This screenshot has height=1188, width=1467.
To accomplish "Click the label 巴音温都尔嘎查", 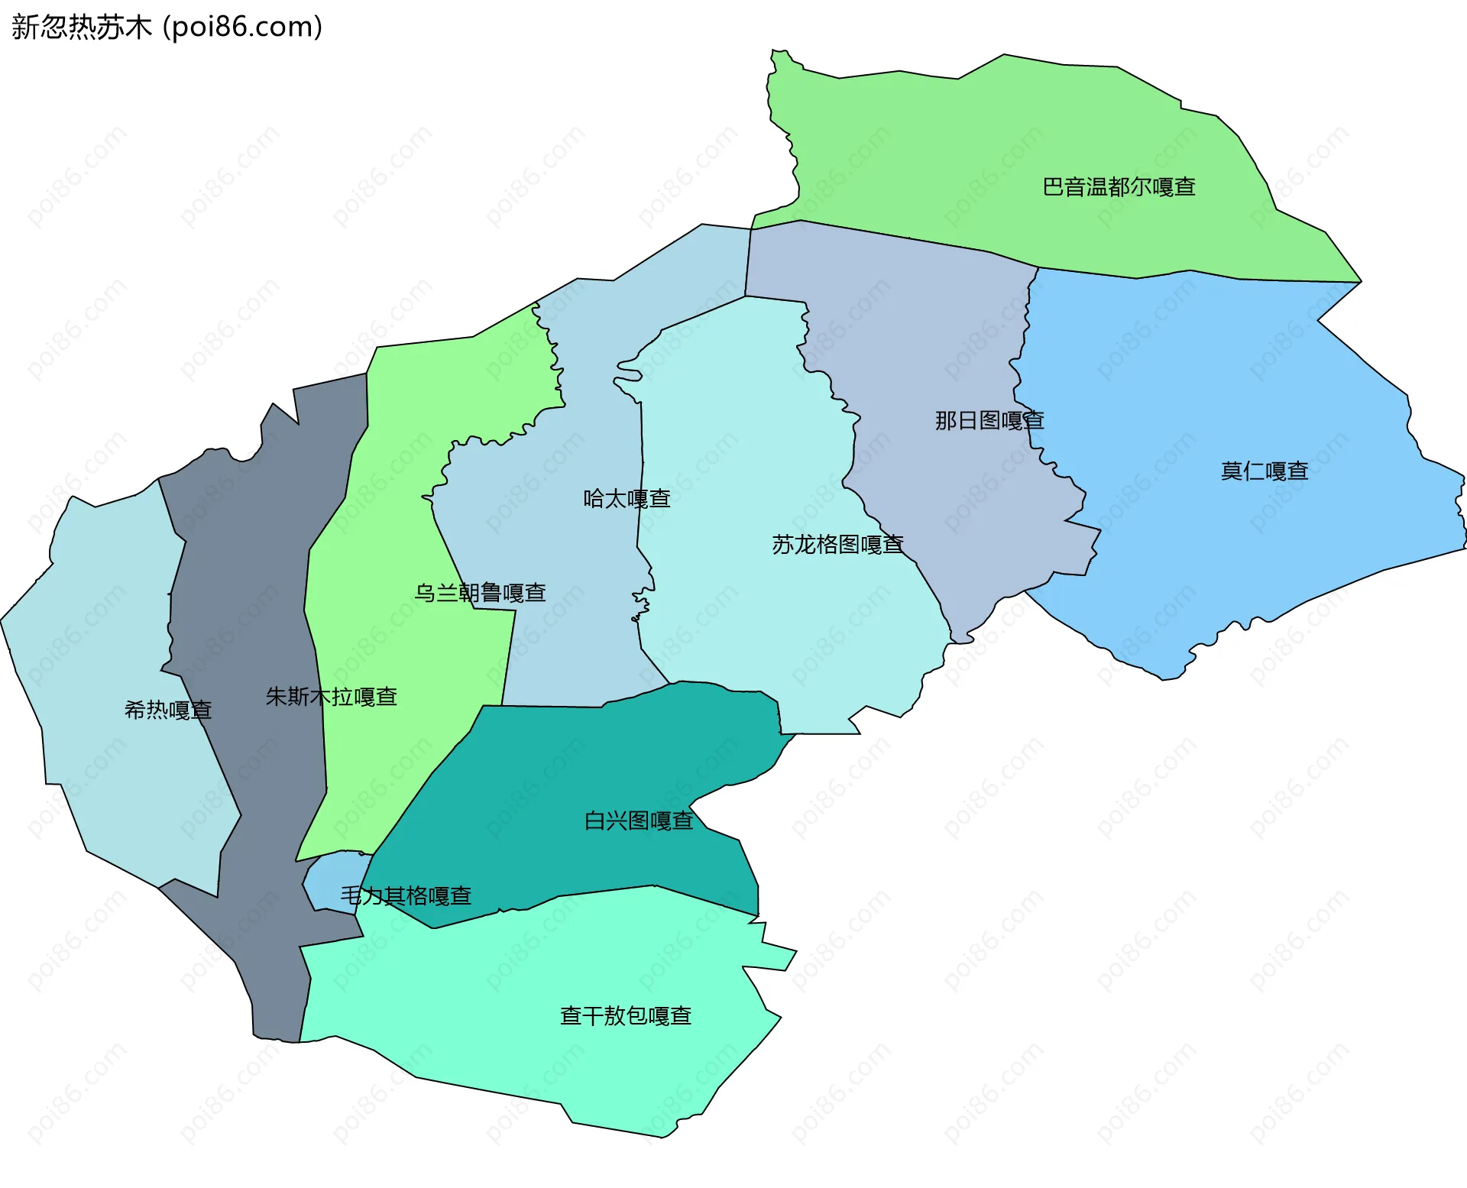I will [x=1119, y=187].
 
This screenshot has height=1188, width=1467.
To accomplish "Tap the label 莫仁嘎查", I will [x=1265, y=471].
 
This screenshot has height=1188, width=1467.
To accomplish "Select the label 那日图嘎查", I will [x=989, y=421].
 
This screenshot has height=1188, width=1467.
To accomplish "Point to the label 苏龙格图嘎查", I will [x=837, y=545].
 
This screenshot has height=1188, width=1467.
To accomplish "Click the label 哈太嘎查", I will [x=627, y=499].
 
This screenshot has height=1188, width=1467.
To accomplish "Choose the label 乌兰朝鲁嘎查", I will [x=480, y=593].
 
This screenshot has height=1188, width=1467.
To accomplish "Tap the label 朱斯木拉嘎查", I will [x=331, y=697].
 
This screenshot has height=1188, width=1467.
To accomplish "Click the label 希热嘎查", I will [x=168, y=711].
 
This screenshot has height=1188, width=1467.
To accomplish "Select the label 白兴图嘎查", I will [x=639, y=821].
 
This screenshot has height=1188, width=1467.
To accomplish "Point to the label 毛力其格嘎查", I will [x=406, y=896].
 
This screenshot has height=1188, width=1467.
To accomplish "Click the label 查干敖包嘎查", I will [x=626, y=1016].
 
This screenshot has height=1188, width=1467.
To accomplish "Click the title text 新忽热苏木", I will [x=82, y=28].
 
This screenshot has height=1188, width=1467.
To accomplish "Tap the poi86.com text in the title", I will [x=243, y=28].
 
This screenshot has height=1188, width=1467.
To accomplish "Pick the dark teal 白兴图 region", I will [x=581, y=772].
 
